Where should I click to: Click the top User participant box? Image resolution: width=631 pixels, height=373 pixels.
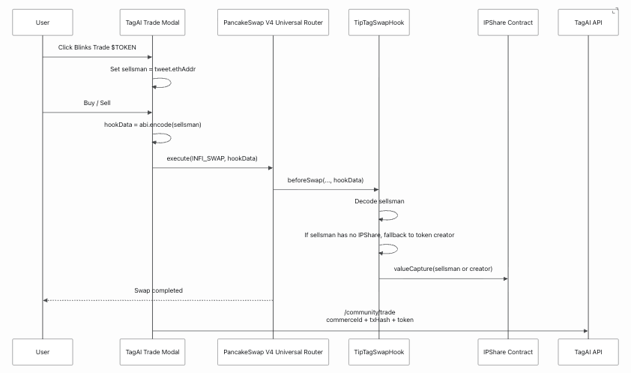(x=43, y=23)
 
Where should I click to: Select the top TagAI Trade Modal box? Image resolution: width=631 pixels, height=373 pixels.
(x=153, y=23)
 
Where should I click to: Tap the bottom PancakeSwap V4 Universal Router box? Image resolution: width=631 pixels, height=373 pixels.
(x=274, y=352)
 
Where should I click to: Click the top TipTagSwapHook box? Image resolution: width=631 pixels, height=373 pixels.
(x=379, y=23)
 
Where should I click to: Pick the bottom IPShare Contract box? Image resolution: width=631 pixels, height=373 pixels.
(x=508, y=352)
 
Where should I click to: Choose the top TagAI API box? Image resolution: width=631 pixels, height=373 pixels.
(x=588, y=23)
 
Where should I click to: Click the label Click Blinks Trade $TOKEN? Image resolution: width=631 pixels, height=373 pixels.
(x=97, y=47)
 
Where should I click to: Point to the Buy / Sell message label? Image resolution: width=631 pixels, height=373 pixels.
(x=97, y=103)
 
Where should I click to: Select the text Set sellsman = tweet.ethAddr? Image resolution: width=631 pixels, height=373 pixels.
(x=153, y=69)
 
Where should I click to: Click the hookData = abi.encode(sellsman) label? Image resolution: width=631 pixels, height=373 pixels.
(x=153, y=125)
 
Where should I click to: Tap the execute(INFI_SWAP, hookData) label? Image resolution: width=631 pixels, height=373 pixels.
(x=212, y=158)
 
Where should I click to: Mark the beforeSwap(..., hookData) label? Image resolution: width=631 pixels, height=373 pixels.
(x=325, y=180)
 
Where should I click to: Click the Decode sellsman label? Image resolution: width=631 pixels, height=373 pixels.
(x=379, y=201)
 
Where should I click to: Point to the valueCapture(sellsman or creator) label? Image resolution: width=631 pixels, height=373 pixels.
(x=443, y=269)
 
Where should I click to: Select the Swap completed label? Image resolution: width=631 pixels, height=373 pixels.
(x=159, y=291)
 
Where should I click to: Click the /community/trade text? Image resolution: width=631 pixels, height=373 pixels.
(x=369, y=312)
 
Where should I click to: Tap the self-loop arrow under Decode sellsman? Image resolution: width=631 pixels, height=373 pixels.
(x=397, y=215)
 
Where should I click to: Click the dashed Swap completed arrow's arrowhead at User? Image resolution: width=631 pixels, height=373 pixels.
(x=45, y=300)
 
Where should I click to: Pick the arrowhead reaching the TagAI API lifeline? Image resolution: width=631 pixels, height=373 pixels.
(x=585, y=331)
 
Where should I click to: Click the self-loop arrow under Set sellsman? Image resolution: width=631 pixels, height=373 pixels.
(x=171, y=83)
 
